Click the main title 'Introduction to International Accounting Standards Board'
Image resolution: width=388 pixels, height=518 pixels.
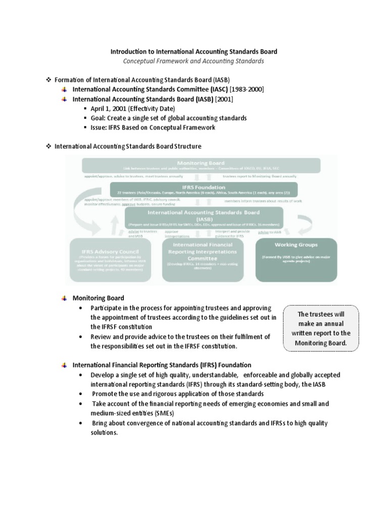[194, 52]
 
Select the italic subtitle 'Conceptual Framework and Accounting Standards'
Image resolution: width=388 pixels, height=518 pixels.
[194, 61]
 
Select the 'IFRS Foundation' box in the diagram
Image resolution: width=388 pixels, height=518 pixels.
[204, 190]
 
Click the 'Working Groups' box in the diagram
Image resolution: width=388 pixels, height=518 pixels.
[296, 259]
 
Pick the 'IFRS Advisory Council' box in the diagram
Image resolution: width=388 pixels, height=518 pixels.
[110, 261]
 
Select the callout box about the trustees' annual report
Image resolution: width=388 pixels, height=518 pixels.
[321, 329]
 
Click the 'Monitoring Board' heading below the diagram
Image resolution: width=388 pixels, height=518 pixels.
[98, 298]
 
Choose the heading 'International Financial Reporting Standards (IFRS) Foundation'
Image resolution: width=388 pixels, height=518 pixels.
[162, 365]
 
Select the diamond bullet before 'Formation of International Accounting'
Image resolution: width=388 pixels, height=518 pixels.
[49, 79]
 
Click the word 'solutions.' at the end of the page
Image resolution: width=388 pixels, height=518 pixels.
[104, 433]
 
